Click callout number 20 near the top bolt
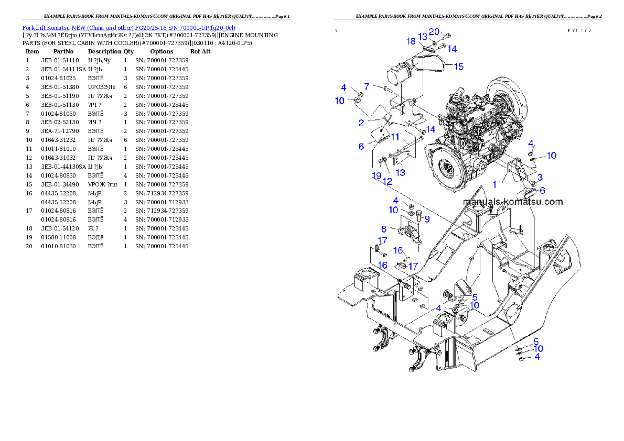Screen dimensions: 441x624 pos(434,31)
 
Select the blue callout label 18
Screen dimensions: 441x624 pos(411,41)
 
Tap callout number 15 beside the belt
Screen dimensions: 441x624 pos(458,67)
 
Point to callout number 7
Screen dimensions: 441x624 pos(367,86)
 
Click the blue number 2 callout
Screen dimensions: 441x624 pos(361,123)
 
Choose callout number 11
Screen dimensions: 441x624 pos(395,137)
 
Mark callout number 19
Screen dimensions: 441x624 pos(376,175)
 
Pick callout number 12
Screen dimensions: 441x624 pos(388,182)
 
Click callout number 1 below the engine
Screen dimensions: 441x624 pos(494,185)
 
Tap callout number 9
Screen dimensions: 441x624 pos(427,219)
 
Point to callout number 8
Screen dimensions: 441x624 pos(384,229)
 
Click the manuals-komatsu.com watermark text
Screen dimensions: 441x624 pos(513,202)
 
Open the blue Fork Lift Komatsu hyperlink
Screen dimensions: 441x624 pos(128,27)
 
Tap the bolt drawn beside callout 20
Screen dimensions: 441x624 pos(447,36)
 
